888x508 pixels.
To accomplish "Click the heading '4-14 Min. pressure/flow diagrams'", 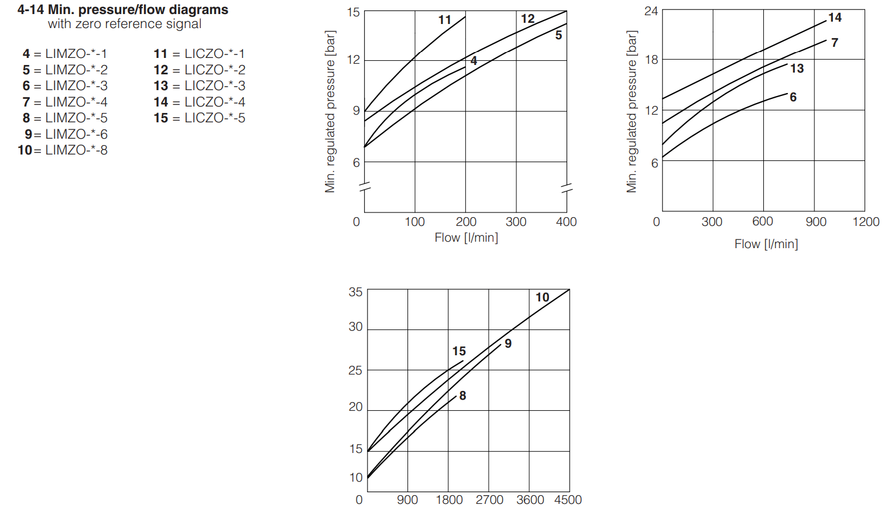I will click(122, 10).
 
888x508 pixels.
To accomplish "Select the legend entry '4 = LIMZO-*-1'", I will click(64, 54).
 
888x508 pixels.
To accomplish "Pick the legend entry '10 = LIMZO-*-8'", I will click(63, 150).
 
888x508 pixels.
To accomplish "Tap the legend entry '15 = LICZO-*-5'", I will click(199, 118).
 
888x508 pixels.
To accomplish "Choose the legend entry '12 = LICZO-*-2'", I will click(199, 70).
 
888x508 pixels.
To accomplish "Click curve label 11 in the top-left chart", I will click(445, 20).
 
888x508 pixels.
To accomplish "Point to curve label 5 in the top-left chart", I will click(558, 36).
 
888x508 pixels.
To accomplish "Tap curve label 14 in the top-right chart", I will click(835, 18).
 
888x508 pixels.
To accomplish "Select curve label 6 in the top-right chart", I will click(793, 97).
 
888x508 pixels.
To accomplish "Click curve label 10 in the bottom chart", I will click(542, 297).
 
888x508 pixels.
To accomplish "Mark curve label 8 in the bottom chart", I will click(462, 396).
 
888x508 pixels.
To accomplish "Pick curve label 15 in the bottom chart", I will click(459, 351).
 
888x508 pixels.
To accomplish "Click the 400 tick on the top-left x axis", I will click(566, 222).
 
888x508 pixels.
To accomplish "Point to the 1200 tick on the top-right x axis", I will click(866, 222).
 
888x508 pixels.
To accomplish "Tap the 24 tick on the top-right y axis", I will click(651, 11).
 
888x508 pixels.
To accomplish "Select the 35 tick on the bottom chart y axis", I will click(355, 292).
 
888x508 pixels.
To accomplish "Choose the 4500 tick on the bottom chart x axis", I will click(568, 499).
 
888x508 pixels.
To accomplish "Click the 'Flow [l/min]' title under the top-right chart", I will click(766, 244).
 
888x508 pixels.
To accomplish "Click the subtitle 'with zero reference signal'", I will click(125, 24).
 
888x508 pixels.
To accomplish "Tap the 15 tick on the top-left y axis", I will click(353, 12).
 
